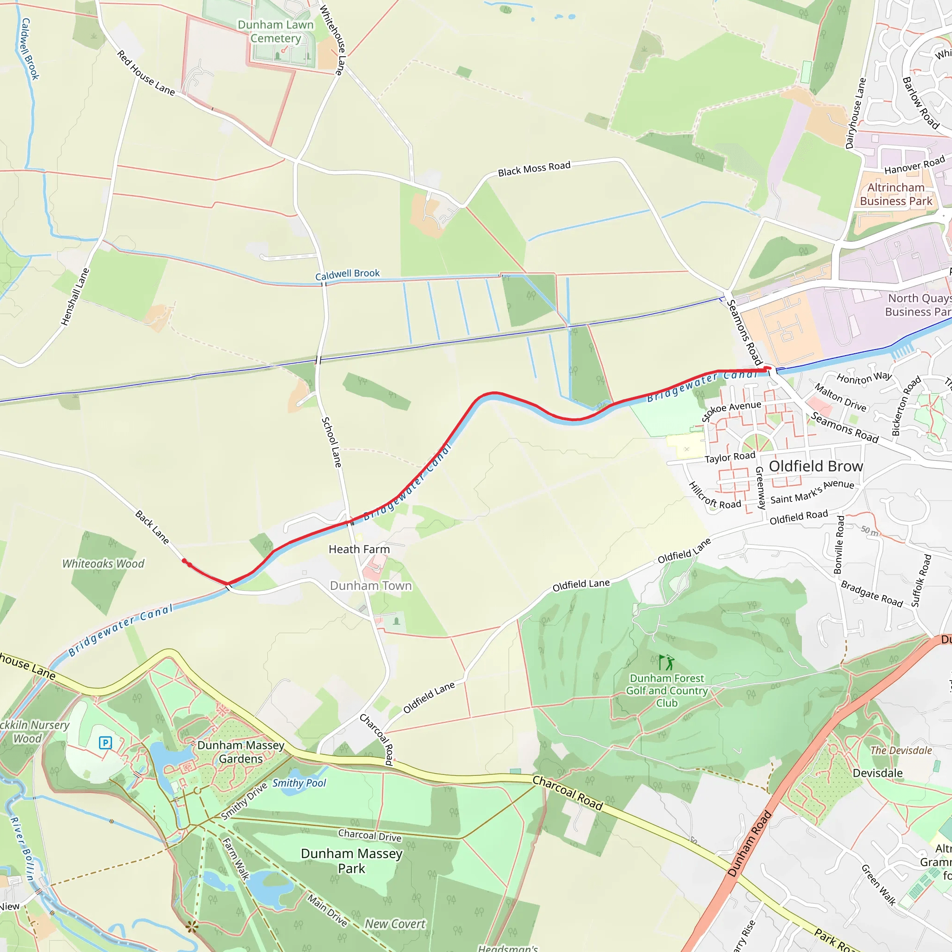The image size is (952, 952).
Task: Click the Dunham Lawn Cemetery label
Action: (x=276, y=32)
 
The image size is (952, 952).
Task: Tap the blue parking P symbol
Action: (x=106, y=742)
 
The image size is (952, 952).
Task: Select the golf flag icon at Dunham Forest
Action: (x=666, y=662)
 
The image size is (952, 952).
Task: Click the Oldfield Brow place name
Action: (x=815, y=466)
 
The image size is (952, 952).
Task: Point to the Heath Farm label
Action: (x=359, y=549)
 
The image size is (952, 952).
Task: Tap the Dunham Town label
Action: (x=370, y=585)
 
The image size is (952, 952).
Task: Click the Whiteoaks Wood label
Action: (x=103, y=563)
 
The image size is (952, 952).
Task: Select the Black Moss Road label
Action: (x=534, y=169)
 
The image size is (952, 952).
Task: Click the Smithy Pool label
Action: (x=299, y=783)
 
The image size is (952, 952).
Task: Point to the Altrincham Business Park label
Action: (x=895, y=194)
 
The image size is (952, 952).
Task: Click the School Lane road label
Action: (x=331, y=442)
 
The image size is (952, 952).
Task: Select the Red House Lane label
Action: (x=146, y=73)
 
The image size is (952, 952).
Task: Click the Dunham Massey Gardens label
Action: (x=240, y=752)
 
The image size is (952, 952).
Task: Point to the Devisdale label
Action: (x=877, y=773)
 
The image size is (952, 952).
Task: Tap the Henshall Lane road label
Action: (x=75, y=297)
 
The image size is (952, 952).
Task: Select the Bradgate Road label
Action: (x=871, y=594)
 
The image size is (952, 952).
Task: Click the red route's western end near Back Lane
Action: (x=184, y=561)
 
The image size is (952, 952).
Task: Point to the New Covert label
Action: (x=395, y=924)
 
